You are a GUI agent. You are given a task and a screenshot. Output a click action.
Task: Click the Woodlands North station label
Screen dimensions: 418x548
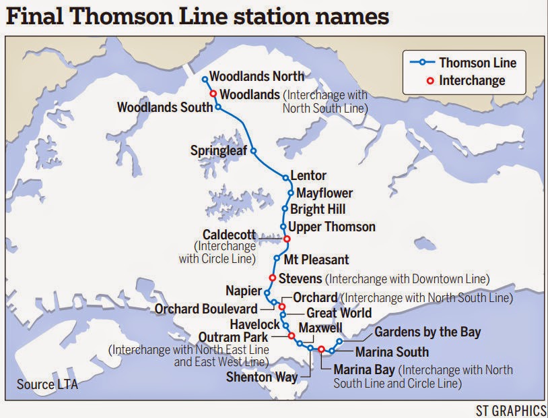tap(257, 77)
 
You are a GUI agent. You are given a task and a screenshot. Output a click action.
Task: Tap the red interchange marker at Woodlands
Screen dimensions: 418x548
tap(213, 94)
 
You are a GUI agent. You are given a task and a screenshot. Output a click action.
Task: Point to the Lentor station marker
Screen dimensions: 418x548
tap(285, 178)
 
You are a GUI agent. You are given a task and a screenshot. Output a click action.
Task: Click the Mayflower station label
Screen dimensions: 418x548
tap(324, 193)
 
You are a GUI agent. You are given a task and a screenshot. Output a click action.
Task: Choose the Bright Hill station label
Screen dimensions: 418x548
tap(318, 210)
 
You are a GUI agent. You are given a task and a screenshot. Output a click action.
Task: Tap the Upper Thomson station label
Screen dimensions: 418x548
tap(332, 227)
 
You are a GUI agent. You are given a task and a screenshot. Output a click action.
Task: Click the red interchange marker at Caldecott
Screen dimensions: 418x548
tap(287, 239)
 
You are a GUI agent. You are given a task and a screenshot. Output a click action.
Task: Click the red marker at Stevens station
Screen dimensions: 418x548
tap(272, 278)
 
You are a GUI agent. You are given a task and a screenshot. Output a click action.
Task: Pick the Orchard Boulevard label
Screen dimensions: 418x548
tap(206, 309)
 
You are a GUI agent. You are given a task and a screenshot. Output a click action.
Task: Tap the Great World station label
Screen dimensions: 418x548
tap(339, 313)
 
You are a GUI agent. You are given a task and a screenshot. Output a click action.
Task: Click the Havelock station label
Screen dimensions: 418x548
tap(250, 324)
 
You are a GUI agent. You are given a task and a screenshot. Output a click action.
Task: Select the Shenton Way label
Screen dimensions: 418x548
tap(262, 377)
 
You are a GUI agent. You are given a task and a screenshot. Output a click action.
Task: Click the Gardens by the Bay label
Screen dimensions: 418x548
tap(427, 332)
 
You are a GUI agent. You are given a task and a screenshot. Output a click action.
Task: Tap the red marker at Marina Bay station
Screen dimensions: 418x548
tap(321, 349)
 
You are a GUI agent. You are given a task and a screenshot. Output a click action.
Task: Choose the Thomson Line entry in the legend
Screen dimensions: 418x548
tap(477, 63)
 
